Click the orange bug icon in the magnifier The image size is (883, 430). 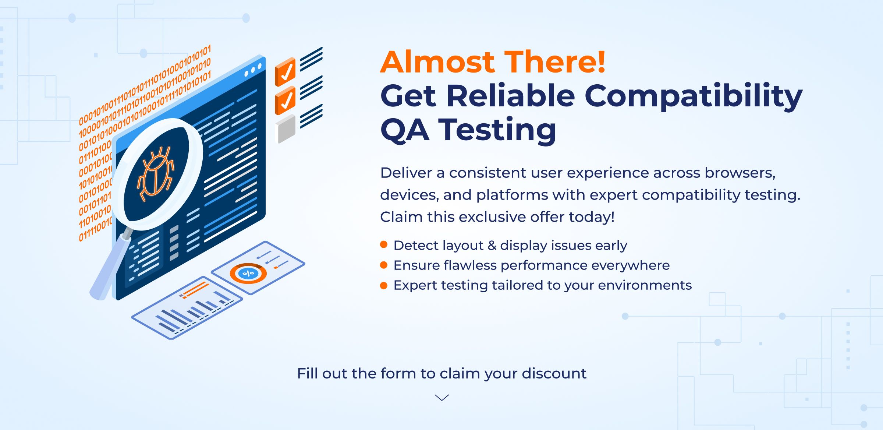click(155, 173)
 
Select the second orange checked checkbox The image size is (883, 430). click(285, 100)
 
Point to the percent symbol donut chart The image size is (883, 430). click(248, 273)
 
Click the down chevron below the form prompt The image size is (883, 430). click(442, 398)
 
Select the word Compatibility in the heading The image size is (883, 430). click(694, 96)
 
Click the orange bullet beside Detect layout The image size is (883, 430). click(384, 244)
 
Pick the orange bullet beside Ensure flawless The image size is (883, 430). click(384, 265)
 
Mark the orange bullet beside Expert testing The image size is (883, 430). click(384, 285)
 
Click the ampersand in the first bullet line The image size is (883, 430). click(492, 246)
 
